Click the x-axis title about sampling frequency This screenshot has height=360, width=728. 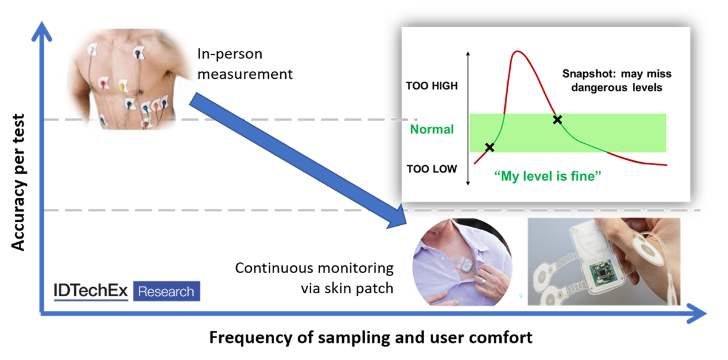[371, 338]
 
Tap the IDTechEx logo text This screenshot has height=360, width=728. [90, 291]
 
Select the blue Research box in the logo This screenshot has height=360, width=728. [166, 291]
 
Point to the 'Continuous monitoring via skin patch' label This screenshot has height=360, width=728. [314, 278]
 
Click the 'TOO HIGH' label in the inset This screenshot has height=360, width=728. [431, 86]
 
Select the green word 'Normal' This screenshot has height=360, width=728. [431, 129]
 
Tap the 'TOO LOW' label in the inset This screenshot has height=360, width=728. [431, 169]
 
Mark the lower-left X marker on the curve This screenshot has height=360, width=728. [490, 147]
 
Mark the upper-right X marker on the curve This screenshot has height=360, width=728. [557, 120]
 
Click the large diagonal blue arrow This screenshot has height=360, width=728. [297, 161]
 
